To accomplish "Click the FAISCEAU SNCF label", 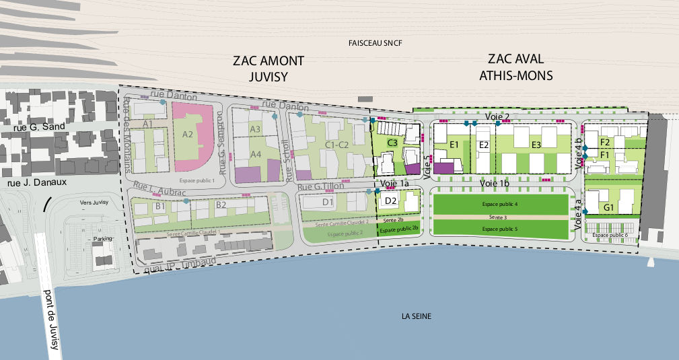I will click(375, 44).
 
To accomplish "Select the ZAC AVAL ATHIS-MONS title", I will click(515, 67).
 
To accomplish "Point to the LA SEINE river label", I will click(416, 316).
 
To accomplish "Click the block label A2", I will click(188, 135).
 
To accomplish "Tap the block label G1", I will click(608, 208).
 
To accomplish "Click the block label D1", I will click(328, 201).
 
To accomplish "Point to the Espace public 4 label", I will click(499, 203).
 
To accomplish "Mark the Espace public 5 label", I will click(499, 229).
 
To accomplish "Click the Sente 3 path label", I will click(499, 217).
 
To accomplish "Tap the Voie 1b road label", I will click(495, 182).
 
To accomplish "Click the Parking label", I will click(102, 239).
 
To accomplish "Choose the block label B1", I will click(160, 207).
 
